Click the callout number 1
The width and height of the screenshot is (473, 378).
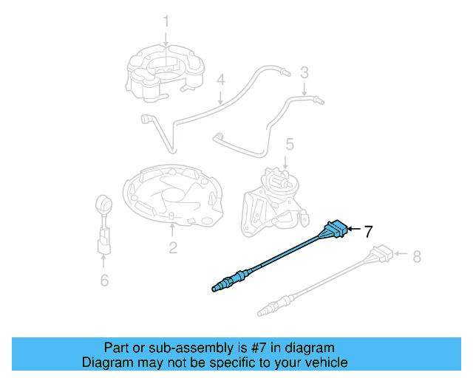(x=166, y=21)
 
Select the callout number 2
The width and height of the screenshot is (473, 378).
(x=172, y=247)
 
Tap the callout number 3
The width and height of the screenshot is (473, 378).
(x=304, y=72)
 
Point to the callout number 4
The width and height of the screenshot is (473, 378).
(x=220, y=80)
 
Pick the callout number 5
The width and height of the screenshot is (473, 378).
(x=290, y=143)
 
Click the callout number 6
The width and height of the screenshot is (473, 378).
(x=104, y=280)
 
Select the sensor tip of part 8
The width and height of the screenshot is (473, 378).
(x=266, y=307)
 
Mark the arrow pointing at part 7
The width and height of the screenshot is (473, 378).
(x=353, y=231)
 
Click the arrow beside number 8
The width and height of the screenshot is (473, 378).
(x=401, y=255)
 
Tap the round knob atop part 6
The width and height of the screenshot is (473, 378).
(x=104, y=202)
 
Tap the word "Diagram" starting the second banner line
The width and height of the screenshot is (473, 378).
(x=106, y=362)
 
